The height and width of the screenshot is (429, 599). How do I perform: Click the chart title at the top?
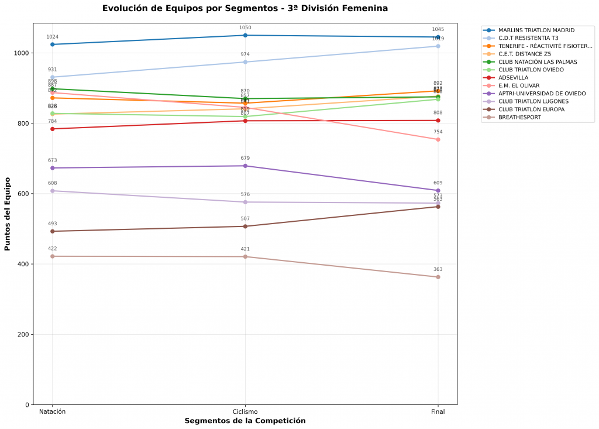point(245,8)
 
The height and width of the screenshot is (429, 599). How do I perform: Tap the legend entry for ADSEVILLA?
point(513,77)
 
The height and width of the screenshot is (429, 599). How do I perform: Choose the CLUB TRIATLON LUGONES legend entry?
point(533,101)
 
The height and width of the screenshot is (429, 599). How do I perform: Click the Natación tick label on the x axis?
point(52,412)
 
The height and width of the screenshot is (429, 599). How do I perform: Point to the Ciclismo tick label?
point(245,412)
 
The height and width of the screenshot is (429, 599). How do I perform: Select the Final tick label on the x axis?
point(438,412)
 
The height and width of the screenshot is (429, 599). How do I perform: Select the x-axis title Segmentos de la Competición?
point(245,421)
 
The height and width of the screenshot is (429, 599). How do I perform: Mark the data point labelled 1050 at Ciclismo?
point(245,35)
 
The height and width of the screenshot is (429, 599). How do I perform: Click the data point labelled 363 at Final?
point(438,277)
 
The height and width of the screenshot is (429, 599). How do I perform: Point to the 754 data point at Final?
point(438,139)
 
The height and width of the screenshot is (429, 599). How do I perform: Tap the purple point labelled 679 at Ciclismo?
point(245,166)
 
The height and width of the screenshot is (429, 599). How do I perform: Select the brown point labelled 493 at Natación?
point(53,231)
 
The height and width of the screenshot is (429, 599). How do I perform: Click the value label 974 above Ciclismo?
point(245,54)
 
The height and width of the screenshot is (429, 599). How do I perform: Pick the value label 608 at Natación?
point(53,183)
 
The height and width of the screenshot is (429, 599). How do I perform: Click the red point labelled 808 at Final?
point(438,121)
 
